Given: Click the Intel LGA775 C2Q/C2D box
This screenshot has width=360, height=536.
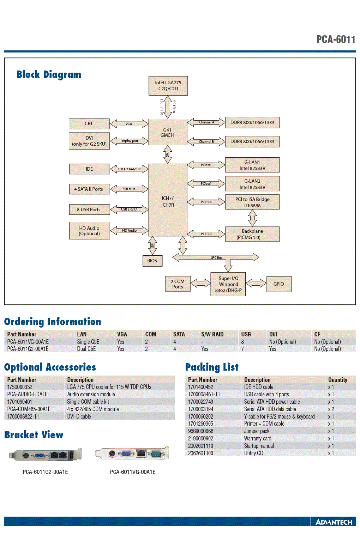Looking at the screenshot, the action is pos(168,86).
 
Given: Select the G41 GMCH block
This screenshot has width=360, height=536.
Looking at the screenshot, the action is pos(167,132).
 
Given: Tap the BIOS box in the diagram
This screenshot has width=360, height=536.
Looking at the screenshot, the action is pos(152,261).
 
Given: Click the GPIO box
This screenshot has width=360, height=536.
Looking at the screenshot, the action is pos(279,284).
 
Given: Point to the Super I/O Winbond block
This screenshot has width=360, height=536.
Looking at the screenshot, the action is pos(228,284).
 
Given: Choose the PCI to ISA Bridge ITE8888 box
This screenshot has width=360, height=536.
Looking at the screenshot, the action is pos(252,202).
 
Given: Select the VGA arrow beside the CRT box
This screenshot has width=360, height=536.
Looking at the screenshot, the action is pos(129,124).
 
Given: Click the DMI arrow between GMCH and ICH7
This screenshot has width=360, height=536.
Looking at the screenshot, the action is pos(168,154).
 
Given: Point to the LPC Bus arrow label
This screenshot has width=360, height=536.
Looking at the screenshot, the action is pos(216,258).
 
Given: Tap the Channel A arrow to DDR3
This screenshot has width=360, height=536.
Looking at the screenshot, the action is pos(206,122).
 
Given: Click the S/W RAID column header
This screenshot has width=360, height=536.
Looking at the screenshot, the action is pos(212,334).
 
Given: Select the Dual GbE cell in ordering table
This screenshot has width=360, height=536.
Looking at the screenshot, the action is pos(86,349).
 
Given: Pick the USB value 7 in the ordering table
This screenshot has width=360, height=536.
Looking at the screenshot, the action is pos(242,349).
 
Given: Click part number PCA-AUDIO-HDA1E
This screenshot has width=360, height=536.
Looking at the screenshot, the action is pos(27,394).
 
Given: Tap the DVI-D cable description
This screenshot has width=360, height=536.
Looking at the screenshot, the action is pos(79,416).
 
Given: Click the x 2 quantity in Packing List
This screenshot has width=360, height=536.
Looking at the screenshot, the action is pos(331,409).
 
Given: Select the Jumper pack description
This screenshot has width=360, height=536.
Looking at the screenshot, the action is pos(257,431).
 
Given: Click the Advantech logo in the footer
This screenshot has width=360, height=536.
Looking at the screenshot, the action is pos(334,522).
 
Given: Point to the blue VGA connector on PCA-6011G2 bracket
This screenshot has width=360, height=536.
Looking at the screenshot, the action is pos(40,455).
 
